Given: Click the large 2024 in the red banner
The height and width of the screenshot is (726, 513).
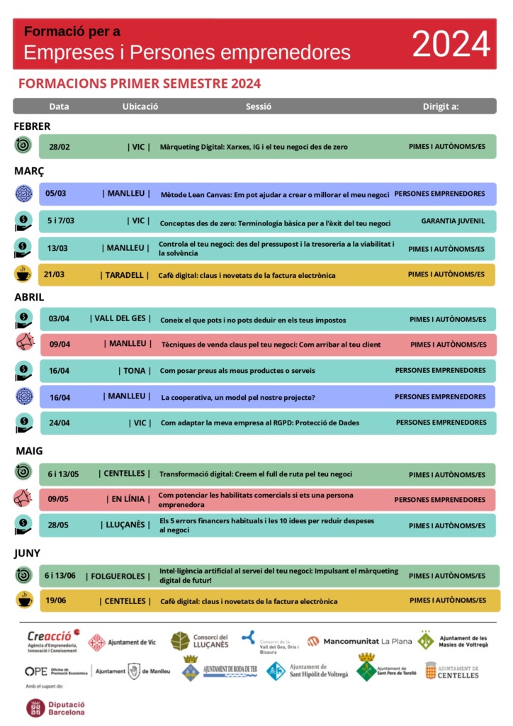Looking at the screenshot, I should tap(451, 45).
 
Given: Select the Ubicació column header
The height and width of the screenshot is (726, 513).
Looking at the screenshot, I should tap(140, 106).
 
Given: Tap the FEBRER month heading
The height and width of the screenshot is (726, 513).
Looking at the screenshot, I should tap(32, 126).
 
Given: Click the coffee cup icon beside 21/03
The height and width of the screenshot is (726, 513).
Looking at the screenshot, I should tap(23, 274).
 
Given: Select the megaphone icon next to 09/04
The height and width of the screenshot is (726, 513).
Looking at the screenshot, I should tap(24, 343).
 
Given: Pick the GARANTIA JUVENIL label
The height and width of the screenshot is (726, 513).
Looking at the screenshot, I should tap(453, 221).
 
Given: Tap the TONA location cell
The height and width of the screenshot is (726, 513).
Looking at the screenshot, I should tap(135, 371).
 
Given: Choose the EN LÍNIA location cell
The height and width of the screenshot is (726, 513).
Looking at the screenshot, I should tap(128, 499).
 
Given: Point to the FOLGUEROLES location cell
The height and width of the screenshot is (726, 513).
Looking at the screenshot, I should tap(118, 576).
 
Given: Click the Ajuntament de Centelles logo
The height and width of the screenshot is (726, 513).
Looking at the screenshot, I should tap(452, 671).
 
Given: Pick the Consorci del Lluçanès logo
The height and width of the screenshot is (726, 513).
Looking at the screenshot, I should tap(200, 641).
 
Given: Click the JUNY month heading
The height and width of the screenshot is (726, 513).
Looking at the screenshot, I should tap(28, 553).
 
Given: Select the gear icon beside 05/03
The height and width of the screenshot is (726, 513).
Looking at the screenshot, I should tap(24, 193).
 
